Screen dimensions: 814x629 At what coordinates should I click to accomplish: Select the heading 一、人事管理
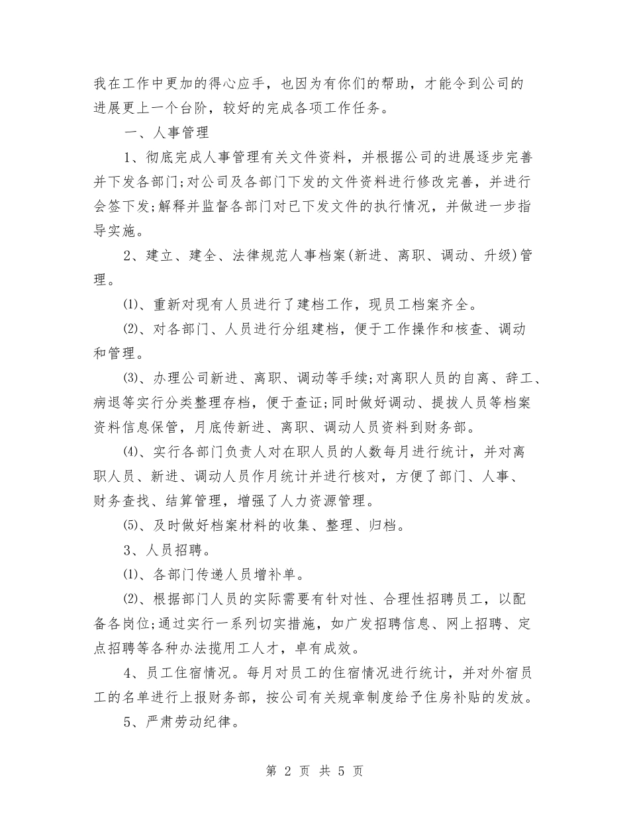pos(166,132)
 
